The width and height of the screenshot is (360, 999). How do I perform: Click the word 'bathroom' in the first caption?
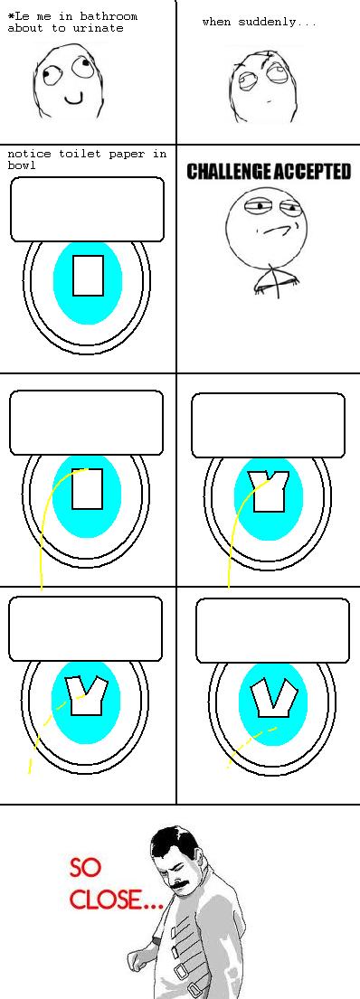[109, 16]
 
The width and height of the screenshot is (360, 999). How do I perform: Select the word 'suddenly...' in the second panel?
[277, 23]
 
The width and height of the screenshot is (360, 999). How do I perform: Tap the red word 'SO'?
[85, 868]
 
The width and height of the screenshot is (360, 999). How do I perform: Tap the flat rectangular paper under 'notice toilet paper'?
[88, 275]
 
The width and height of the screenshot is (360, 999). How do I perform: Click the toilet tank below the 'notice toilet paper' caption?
[88, 209]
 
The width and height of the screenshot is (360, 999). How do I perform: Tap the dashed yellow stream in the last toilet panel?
[252, 747]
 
